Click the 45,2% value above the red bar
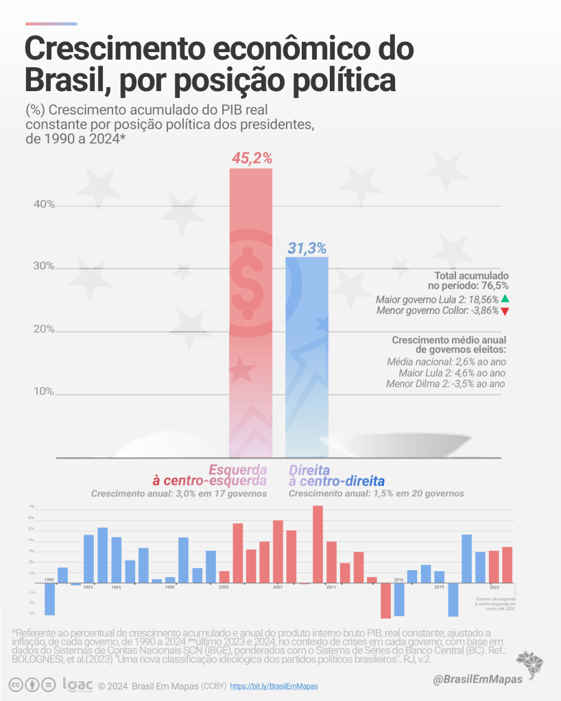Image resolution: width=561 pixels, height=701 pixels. coord(250,159)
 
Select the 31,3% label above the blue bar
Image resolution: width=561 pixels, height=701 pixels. coord(307,249)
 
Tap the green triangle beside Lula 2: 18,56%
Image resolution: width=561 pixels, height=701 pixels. coord(505,299)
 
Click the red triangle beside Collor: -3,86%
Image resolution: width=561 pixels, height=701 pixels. coord(505,311)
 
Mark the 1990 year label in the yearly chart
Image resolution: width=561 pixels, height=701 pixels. coord(49,580)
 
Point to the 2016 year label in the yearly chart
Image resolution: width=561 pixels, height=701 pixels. coord(398,580)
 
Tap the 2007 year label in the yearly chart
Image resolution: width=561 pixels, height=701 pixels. coord(278,587)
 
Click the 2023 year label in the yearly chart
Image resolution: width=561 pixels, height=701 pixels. coord(494,587)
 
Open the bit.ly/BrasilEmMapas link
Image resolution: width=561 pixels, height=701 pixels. coord(274,685)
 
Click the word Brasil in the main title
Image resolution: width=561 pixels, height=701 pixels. coord(63,80)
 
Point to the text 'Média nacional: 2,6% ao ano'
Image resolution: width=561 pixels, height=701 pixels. coord(446,361)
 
